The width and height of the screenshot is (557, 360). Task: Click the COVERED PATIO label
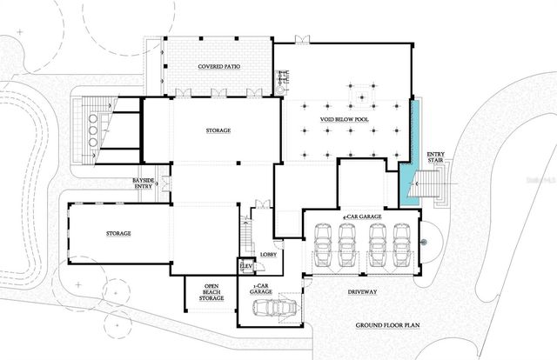(x=218, y=66)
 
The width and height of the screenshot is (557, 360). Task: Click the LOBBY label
(x=267, y=254)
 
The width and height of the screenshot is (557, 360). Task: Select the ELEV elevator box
(x=245, y=267)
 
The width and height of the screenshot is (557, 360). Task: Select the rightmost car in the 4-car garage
(x=400, y=246)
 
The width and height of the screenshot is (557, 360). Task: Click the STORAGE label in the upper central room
(x=218, y=130)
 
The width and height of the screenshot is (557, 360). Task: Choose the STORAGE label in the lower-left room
(x=118, y=234)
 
